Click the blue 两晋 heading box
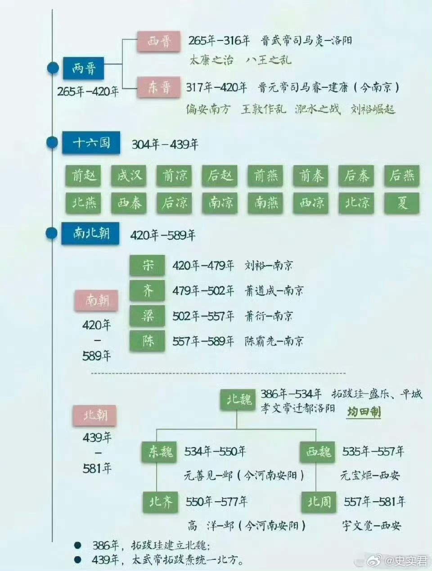point(83,68)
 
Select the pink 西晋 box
point(159,42)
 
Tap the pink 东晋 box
point(159,87)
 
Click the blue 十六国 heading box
point(91,143)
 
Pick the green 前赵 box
point(84,175)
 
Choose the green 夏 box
point(402,203)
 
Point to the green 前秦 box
point(311,175)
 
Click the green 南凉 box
point(220,203)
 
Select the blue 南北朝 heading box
point(90,233)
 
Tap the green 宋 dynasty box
point(148,265)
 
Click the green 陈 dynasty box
point(148,341)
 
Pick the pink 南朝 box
point(96,300)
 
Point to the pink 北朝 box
point(95,415)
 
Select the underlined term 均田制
point(364,412)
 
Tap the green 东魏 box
point(160,451)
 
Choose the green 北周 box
point(319,501)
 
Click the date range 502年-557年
point(203,316)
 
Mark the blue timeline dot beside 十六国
point(53,143)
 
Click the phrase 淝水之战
point(318,109)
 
